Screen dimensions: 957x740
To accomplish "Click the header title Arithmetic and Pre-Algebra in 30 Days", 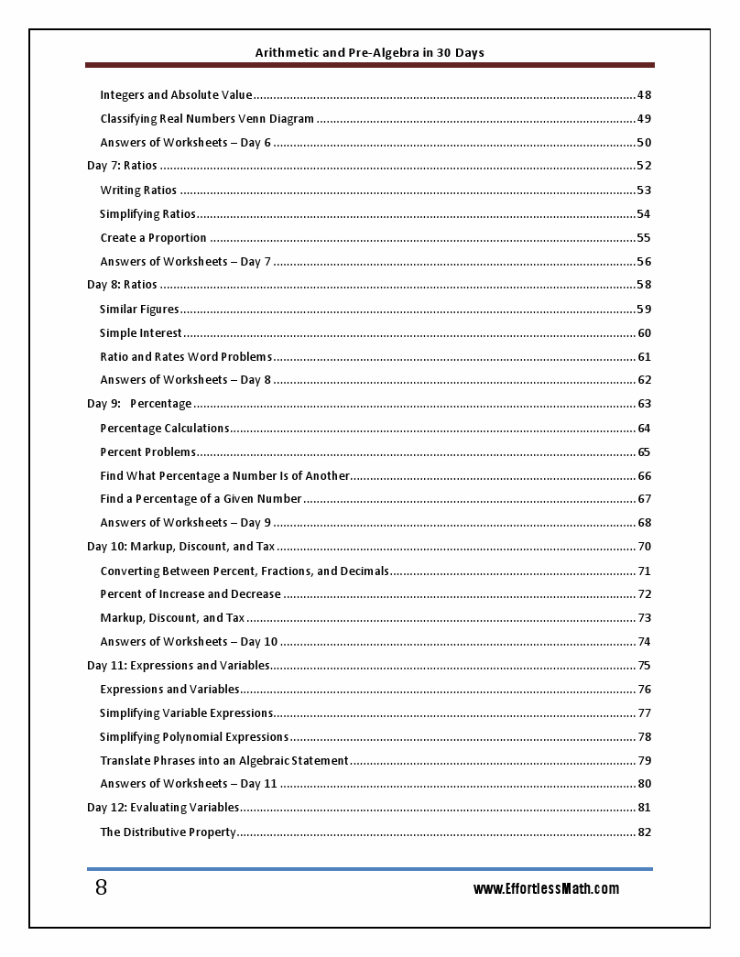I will [x=369, y=52].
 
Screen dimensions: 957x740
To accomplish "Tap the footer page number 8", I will [x=101, y=887].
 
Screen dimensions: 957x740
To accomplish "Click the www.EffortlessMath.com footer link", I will [x=546, y=888].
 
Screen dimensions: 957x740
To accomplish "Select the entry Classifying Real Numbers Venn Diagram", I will [x=207, y=118].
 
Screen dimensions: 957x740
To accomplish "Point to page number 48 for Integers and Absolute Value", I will [x=644, y=94].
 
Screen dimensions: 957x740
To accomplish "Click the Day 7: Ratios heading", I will [x=122, y=166].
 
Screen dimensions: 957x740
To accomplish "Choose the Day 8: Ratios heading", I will [x=122, y=285].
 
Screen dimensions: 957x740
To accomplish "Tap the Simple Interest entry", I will [x=141, y=332].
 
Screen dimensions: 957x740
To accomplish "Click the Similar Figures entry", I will [x=139, y=309].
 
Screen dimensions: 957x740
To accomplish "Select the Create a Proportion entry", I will [x=153, y=237].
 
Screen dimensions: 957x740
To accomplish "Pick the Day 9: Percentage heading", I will [x=139, y=404].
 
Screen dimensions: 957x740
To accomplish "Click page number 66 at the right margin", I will [x=644, y=475].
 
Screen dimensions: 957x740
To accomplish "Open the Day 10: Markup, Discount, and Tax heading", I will [x=180, y=547].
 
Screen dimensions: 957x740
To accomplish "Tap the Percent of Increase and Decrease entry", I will [x=190, y=594].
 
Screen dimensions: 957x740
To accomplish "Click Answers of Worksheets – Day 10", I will [x=189, y=642].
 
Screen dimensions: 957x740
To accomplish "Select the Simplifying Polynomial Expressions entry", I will [x=194, y=736].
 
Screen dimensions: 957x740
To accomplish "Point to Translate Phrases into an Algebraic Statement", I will [x=224, y=760].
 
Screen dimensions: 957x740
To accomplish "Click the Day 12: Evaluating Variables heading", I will [x=163, y=808].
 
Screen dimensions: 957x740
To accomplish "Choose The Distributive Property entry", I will [x=168, y=832].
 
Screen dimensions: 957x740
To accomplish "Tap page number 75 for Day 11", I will [x=644, y=666].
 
